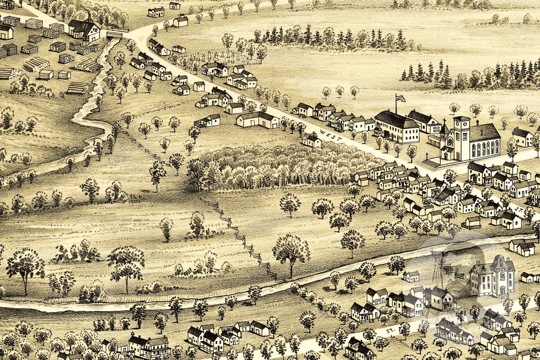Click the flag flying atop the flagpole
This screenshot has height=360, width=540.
[x=400, y=99]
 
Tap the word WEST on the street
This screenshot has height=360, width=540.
[x=330, y=135]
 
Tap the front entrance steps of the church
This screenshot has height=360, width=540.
[x=432, y=162]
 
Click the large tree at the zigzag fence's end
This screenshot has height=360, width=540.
[x=290, y=251]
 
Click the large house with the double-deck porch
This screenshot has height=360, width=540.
[x=149, y=346]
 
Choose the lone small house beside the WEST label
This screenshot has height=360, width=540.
[x=311, y=140]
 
